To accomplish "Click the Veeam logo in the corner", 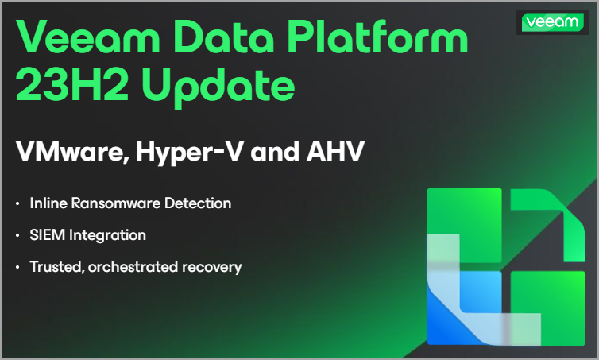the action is click(x=552, y=22).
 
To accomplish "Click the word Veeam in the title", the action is click(x=88, y=37).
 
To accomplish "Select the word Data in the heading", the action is click(x=223, y=37).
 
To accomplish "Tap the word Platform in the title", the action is click(x=377, y=36).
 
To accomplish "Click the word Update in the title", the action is click(x=218, y=88).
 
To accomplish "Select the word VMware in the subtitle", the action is click(x=72, y=151).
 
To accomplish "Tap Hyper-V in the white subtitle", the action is click(x=189, y=152).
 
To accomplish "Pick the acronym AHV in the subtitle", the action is click(x=335, y=151).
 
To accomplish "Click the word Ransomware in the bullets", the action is click(x=116, y=203).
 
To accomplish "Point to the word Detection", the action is click(x=198, y=203).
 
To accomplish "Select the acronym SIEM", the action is click(x=48, y=235).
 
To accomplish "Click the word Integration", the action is click(x=107, y=235).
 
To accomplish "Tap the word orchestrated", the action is click(x=133, y=267).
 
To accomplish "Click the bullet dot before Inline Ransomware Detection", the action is click(x=17, y=203).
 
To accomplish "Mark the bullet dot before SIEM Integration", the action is click(x=17, y=235).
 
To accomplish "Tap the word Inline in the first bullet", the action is click(x=48, y=203).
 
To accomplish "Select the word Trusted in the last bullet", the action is click(x=57, y=267).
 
